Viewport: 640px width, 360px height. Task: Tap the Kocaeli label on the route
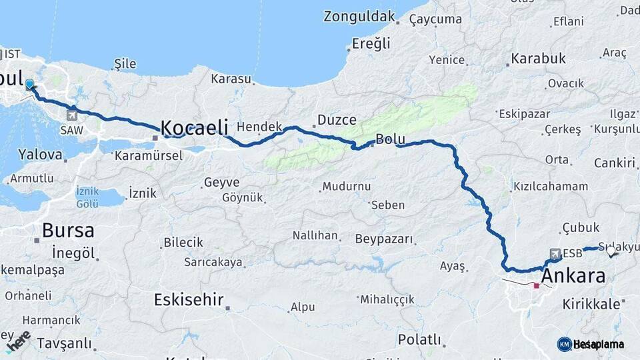[x=195, y=127]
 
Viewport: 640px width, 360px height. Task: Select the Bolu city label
[x=391, y=139]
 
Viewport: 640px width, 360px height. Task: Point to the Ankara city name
[x=573, y=276]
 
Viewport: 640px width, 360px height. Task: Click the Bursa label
[x=67, y=231]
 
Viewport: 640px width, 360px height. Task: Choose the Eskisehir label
[x=189, y=299]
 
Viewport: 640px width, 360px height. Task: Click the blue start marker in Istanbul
[x=29, y=85]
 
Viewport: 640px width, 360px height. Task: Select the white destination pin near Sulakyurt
[x=611, y=251]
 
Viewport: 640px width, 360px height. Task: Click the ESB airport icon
[x=555, y=253]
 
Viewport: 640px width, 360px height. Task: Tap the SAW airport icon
[x=71, y=115]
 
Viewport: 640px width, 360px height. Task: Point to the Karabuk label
[x=538, y=59]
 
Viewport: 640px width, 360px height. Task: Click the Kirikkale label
[x=591, y=304]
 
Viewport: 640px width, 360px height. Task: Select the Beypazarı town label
[x=384, y=239]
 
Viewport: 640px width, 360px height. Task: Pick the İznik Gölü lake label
[x=87, y=197]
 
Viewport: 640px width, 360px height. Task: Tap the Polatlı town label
[x=419, y=339]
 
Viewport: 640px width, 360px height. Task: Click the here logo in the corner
[x=18, y=342]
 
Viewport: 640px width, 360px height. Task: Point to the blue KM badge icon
[x=564, y=344]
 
